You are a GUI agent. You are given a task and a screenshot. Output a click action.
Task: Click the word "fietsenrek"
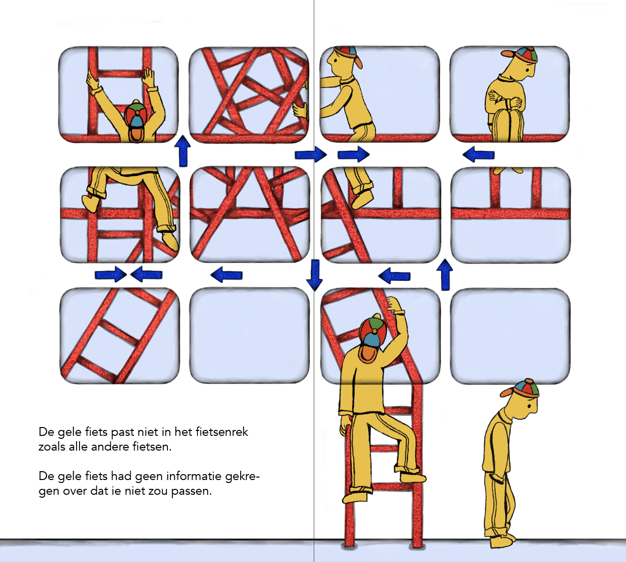point(221,431)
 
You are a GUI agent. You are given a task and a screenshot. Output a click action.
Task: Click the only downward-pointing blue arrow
point(315,275)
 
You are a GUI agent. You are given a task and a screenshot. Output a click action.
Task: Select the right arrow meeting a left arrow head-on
point(110,274)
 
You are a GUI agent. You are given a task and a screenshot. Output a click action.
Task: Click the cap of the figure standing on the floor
point(520,388)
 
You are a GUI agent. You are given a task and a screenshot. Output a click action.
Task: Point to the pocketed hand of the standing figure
point(496,479)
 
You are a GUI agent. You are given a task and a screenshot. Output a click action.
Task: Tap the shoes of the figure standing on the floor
point(503,540)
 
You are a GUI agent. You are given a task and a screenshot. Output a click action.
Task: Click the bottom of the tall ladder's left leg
point(349,546)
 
